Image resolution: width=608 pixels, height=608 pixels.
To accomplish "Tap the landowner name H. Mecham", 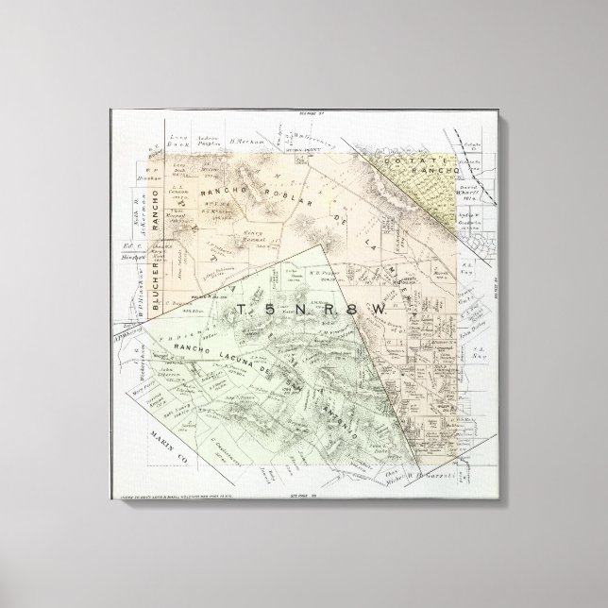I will pyautogui.click(x=244, y=141).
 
